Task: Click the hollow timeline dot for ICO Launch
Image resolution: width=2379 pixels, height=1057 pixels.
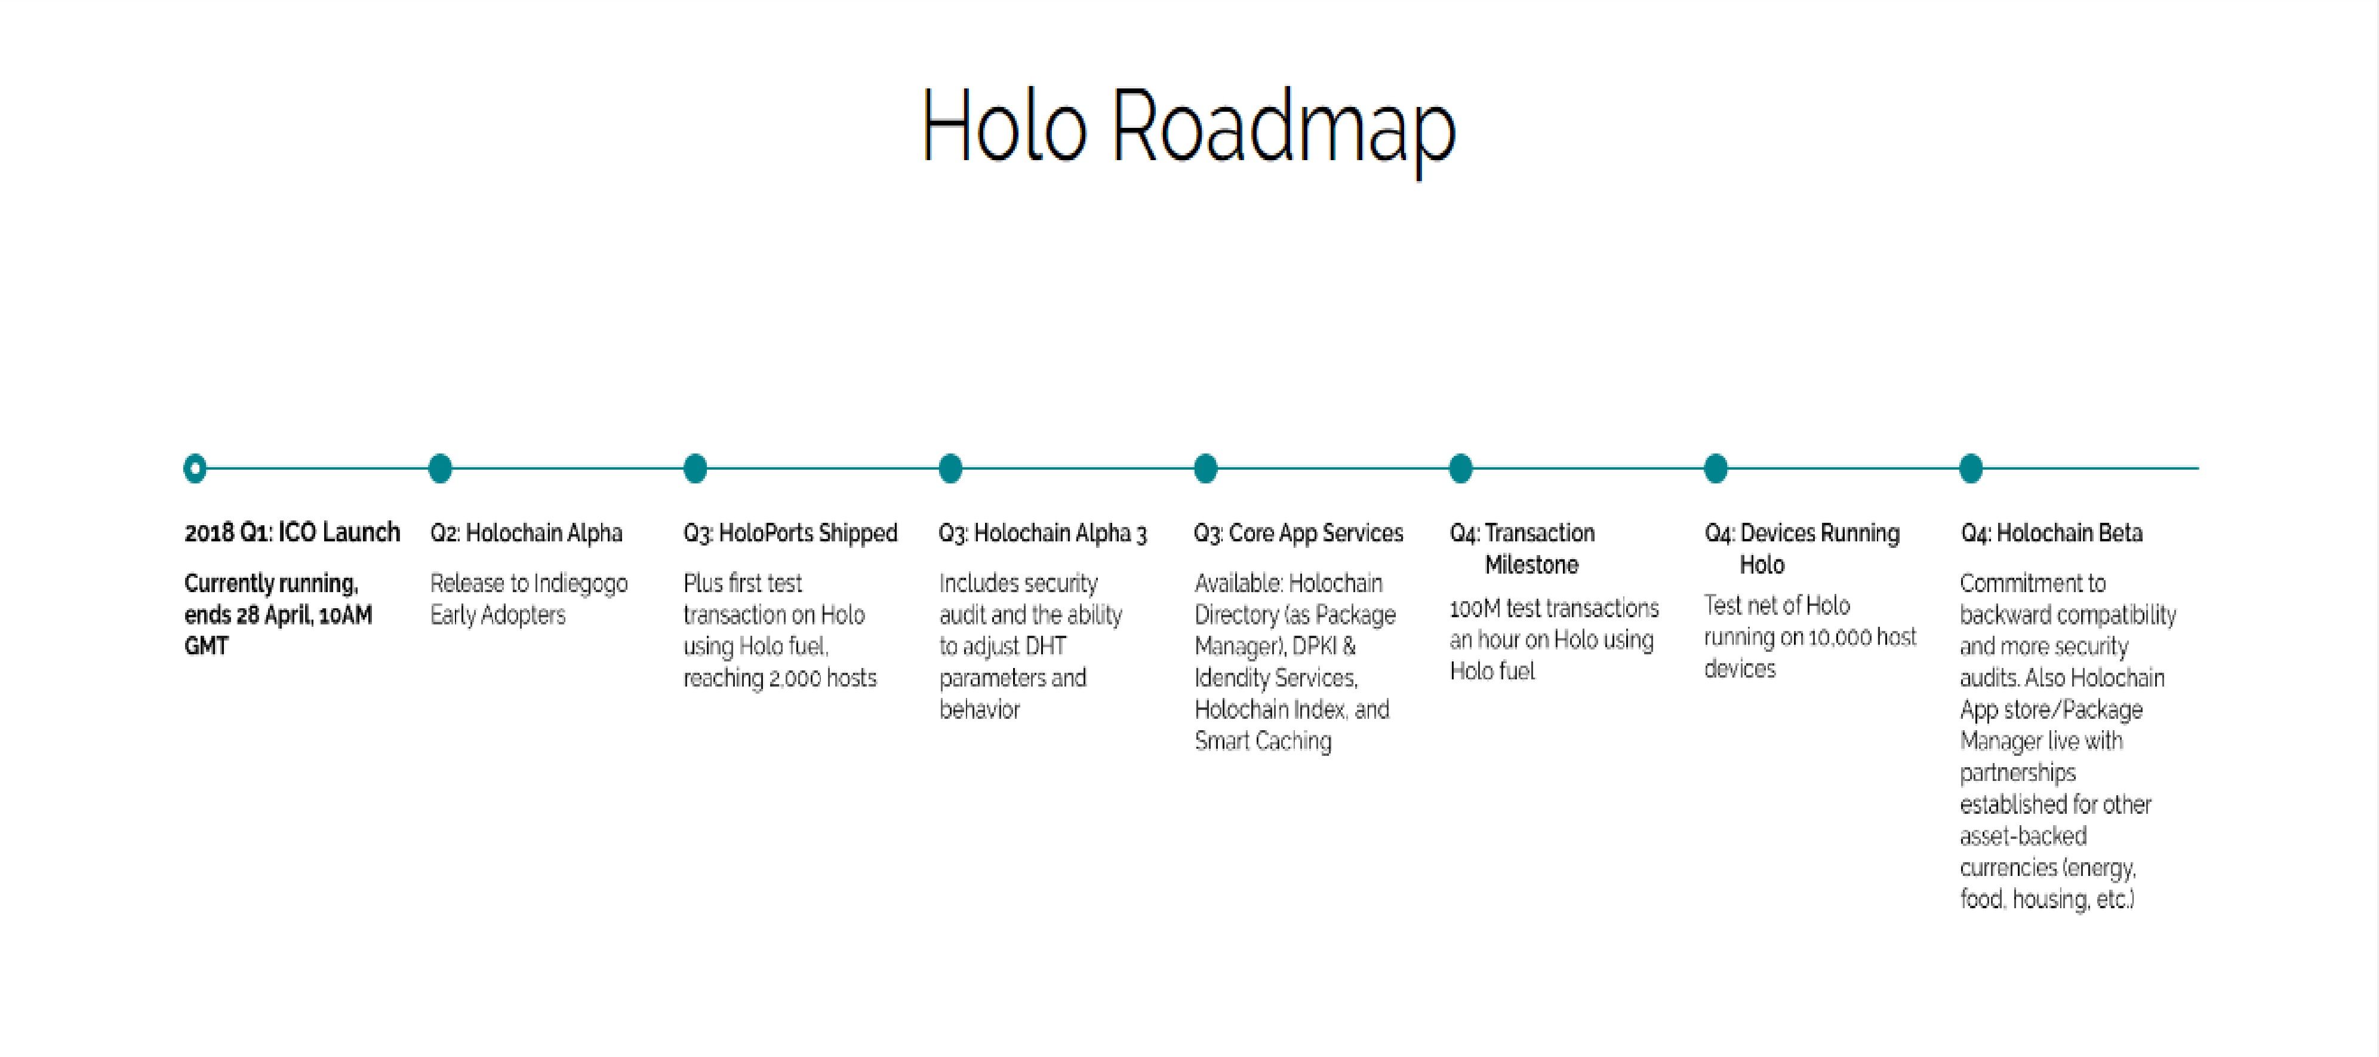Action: pos(195,468)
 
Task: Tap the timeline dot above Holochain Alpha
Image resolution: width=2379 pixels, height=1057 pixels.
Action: pos(441,468)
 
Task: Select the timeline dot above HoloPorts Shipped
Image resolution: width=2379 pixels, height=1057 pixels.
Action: pos(695,468)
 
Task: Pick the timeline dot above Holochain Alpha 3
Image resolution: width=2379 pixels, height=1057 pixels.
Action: pos(950,468)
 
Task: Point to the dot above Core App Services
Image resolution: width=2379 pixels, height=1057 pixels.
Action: pos(1205,468)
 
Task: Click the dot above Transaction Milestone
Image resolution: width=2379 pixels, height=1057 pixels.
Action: pos(1460,468)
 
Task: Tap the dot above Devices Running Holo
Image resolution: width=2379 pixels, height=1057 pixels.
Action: pos(1716,468)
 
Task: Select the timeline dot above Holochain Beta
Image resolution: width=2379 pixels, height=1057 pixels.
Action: pos(1971,468)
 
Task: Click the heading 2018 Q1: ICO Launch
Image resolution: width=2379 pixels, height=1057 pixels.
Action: pos(292,533)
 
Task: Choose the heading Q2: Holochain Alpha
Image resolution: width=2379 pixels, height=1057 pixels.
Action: pos(527,533)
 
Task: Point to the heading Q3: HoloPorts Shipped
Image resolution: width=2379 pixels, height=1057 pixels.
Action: pos(790,533)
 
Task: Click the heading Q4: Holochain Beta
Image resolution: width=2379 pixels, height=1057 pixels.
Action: pos(2052,533)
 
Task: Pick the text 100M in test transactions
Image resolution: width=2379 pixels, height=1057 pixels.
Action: pos(1475,609)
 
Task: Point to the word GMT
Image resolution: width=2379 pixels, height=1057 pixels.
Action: pos(206,646)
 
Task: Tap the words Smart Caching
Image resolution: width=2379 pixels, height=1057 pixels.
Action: pos(1263,741)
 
